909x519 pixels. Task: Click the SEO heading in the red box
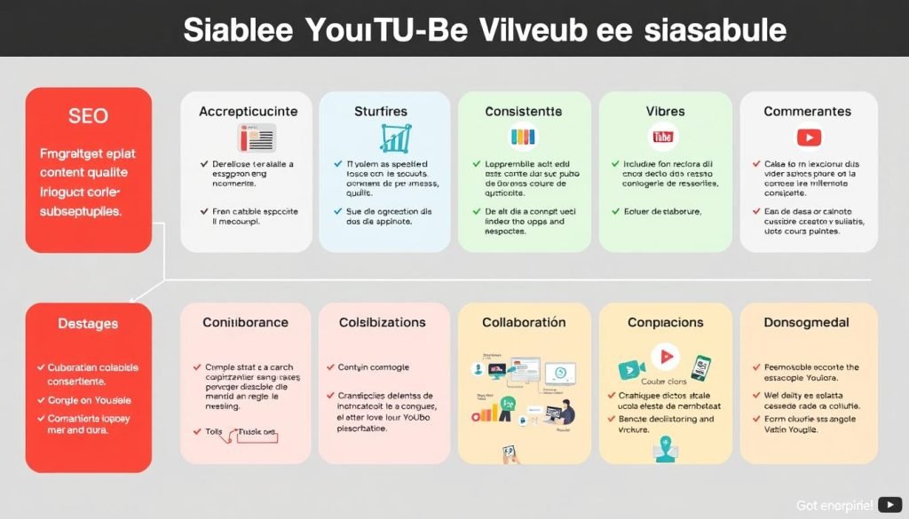point(88,116)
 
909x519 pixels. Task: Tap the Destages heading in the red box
point(88,324)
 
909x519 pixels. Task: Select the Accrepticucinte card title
point(249,112)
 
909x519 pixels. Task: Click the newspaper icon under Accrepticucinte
point(257,138)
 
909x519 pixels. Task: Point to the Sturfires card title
point(381,112)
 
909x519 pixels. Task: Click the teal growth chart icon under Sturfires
point(392,138)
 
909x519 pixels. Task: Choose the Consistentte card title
point(524,112)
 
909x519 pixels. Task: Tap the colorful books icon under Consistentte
point(522,138)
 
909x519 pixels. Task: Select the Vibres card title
point(665,112)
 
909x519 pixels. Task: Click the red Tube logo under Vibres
point(663,137)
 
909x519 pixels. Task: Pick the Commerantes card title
point(808,112)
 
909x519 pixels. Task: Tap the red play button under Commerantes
point(809,137)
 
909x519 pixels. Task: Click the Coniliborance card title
point(245,322)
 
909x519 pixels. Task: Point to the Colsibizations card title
point(383,322)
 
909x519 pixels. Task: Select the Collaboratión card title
point(524,322)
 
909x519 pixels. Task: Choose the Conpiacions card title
point(666,322)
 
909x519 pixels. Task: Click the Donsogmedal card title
point(807,322)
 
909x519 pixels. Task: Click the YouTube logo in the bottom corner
point(889,504)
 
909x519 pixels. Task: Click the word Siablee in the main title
point(234,30)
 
